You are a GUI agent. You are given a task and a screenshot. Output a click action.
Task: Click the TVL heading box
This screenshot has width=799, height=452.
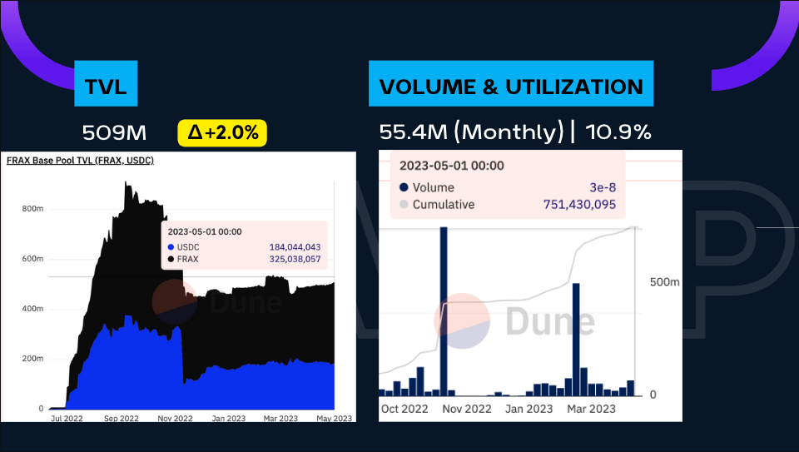click(105, 86)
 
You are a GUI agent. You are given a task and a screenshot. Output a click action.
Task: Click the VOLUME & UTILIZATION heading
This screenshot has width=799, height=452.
click(511, 86)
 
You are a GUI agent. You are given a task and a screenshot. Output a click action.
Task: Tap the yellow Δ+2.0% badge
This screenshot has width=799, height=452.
click(221, 132)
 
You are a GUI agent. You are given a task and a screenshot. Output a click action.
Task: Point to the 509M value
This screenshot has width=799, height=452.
click(114, 132)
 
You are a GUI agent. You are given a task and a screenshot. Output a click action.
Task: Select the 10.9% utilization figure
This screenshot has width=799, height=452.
click(618, 132)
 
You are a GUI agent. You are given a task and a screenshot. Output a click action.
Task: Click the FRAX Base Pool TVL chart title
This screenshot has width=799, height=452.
click(80, 160)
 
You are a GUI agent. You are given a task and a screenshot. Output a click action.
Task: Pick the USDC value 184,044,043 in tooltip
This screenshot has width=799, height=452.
click(295, 247)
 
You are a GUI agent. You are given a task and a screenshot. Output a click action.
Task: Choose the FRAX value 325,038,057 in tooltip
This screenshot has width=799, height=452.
click(295, 260)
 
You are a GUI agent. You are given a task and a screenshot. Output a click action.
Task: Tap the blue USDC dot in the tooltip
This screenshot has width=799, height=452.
click(171, 247)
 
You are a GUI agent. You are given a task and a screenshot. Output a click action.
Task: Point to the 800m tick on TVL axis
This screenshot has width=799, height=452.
click(32, 209)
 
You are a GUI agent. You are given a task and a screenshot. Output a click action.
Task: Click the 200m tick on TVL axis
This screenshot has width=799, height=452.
click(32, 359)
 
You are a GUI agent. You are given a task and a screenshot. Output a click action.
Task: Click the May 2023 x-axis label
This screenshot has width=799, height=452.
click(334, 418)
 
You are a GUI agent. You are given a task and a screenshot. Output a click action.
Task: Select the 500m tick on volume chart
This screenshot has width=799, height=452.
click(665, 283)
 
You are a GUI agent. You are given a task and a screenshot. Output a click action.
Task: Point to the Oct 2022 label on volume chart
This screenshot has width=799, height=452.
click(404, 409)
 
